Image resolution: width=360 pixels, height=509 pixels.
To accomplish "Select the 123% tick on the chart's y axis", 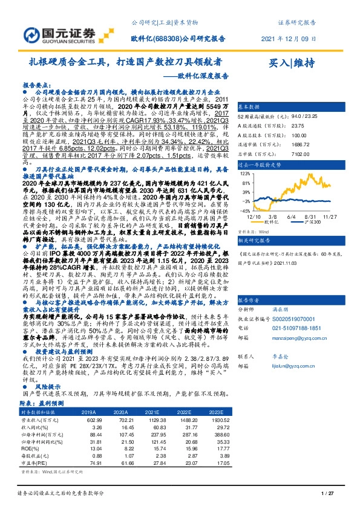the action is [x=246, y=173].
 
